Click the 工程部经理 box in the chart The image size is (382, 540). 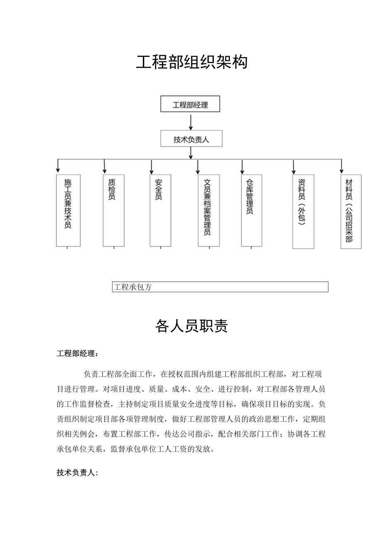pyautogui.click(x=190, y=105)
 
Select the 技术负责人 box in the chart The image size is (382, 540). pyautogui.click(x=191, y=139)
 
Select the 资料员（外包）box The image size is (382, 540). pyautogui.click(x=303, y=211)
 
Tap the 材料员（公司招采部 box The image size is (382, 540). pyautogui.click(x=350, y=211)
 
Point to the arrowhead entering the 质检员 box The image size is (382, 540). pyautogui.click(x=105, y=170)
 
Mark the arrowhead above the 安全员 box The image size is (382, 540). pyautogui.click(x=152, y=170)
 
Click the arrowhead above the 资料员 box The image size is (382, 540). pyautogui.click(x=294, y=170)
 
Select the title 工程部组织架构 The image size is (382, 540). pyautogui.click(x=191, y=62)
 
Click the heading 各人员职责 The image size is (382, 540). pyautogui.click(x=191, y=327)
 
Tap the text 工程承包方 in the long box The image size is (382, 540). pyautogui.click(x=132, y=287)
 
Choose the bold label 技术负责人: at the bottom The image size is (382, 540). pyautogui.click(x=77, y=472)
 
